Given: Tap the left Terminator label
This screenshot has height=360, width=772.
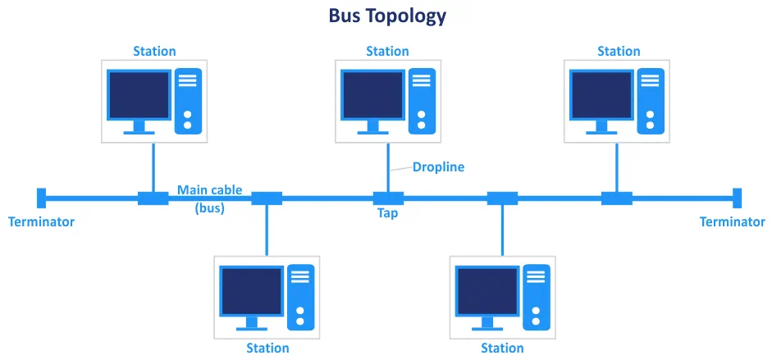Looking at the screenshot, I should [x=41, y=221].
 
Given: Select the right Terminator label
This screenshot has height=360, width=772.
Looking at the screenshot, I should [x=732, y=221].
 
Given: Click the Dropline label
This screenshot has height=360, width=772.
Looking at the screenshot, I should [x=438, y=167].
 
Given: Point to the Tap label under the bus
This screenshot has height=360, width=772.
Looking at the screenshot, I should [x=387, y=213].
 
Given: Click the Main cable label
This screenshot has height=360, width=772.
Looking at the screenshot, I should [x=209, y=190].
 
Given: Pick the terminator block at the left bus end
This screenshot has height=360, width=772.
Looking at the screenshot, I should [x=41, y=198].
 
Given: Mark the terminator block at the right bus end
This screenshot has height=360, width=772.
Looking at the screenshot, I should [x=737, y=198].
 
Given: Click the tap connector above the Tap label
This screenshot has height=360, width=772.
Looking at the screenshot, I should [x=388, y=198].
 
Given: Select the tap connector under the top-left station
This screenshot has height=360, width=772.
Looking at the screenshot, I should [x=153, y=198].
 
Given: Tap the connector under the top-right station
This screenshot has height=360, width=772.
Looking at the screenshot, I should [x=616, y=198].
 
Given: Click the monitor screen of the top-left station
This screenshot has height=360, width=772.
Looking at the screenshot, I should [x=139, y=95].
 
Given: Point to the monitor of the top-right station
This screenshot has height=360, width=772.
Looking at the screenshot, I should [x=601, y=95].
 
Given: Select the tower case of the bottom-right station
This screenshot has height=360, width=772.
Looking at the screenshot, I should [x=537, y=297].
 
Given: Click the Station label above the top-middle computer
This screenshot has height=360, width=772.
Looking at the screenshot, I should [x=387, y=52].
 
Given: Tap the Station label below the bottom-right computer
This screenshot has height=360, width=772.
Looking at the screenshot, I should [x=502, y=349].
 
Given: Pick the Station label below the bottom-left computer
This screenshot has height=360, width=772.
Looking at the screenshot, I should [x=267, y=349].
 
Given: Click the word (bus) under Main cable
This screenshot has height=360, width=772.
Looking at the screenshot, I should [x=209, y=208].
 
